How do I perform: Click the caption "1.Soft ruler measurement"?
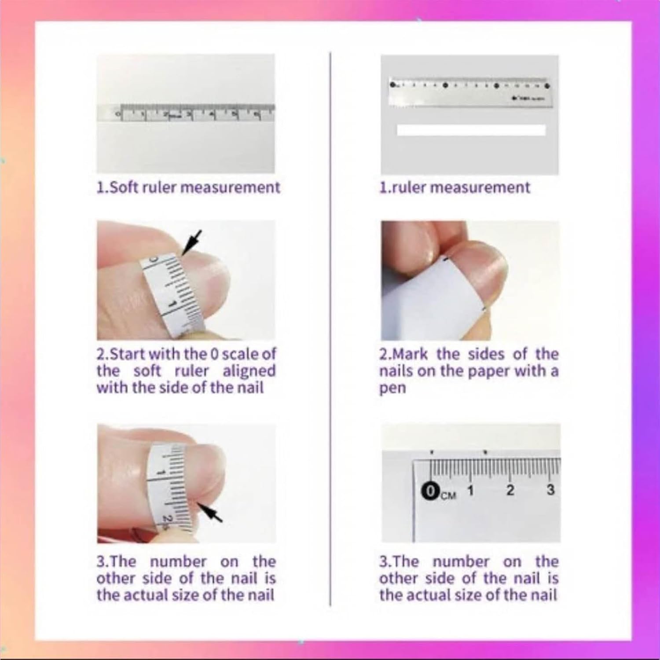tap(188, 187)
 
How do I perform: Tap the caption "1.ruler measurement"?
tap(455, 187)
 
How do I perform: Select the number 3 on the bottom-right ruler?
tap(550, 490)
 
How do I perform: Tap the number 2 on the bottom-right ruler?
tap(510, 490)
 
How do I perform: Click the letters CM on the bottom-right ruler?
tap(448, 495)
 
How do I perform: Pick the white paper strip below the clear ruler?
tap(471, 130)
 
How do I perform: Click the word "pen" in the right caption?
tap(392, 389)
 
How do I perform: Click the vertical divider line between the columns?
tap(330, 330)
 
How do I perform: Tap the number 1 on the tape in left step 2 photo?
tap(172, 304)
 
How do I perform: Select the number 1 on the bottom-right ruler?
tap(470, 490)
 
